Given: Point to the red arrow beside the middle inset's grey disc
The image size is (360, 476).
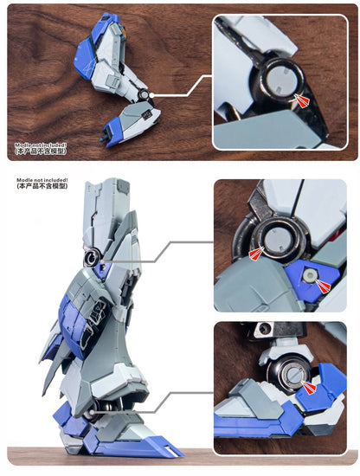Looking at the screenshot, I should click(x=256, y=253).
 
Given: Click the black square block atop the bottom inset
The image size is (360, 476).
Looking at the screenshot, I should click(x=264, y=329).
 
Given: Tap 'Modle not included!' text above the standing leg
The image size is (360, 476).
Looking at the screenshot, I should click(x=42, y=181).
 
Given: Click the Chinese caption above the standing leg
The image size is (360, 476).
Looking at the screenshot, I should click(x=42, y=190).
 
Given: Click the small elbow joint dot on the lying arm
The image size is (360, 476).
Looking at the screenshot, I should click(x=152, y=94).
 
